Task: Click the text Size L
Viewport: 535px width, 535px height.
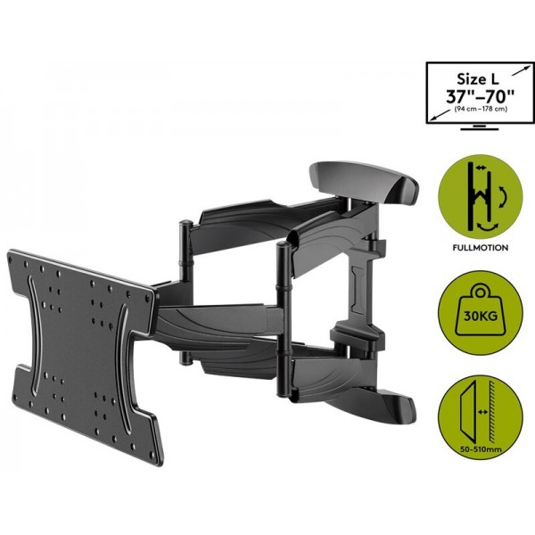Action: [x=478, y=79]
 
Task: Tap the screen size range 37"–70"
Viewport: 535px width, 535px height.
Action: [x=480, y=96]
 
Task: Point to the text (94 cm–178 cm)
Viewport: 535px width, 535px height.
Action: [x=481, y=109]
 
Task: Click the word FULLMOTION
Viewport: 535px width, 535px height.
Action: [x=481, y=247]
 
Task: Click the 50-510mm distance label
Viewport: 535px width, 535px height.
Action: [x=481, y=449]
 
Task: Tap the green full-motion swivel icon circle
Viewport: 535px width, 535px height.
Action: [x=481, y=196]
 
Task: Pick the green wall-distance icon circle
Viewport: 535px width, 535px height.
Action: [x=481, y=417]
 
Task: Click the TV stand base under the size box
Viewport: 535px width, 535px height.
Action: [x=480, y=128]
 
